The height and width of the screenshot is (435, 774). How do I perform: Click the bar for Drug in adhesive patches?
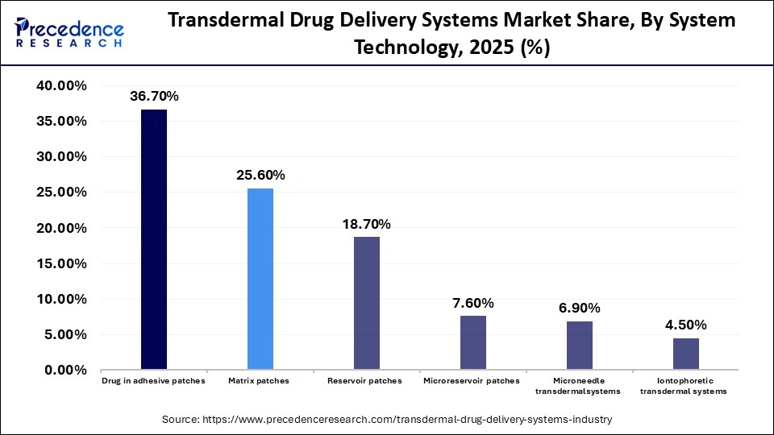click(153, 239)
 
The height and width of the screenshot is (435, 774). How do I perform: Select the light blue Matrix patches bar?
click(260, 279)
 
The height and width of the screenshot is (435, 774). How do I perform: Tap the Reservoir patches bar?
click(366, 303)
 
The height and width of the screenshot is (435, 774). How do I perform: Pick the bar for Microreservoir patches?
click(472, 342)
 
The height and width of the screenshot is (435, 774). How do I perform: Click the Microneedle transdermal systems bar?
click(579, 345)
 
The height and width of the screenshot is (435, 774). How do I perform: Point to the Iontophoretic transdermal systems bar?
click(685, 354)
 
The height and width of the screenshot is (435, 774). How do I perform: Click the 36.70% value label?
click(154, 97)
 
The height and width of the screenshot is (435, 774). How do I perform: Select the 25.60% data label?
click(260, 176)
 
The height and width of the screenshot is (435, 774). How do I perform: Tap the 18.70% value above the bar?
click(367, 224)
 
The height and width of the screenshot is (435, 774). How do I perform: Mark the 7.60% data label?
click(473, 303)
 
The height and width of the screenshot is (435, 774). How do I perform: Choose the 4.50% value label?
click(686, 325)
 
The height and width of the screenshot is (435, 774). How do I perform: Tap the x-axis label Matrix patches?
click(260, 381)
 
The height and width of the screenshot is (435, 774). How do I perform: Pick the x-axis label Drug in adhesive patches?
click(153, 381)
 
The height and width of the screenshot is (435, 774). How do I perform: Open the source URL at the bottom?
click(387, 419)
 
